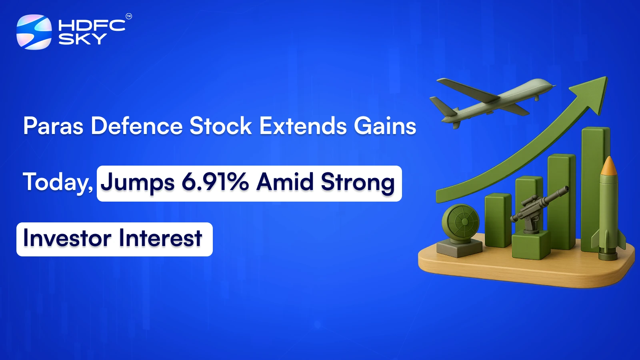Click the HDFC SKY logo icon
[34, 32]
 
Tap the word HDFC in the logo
[92, 26]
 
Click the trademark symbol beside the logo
[129, 16]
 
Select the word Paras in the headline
[54, 126]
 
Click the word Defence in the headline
[137, 126]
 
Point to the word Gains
[385, 126]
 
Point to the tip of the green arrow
[607, 77]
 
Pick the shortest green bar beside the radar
[498, 220]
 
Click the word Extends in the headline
[302, 126]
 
